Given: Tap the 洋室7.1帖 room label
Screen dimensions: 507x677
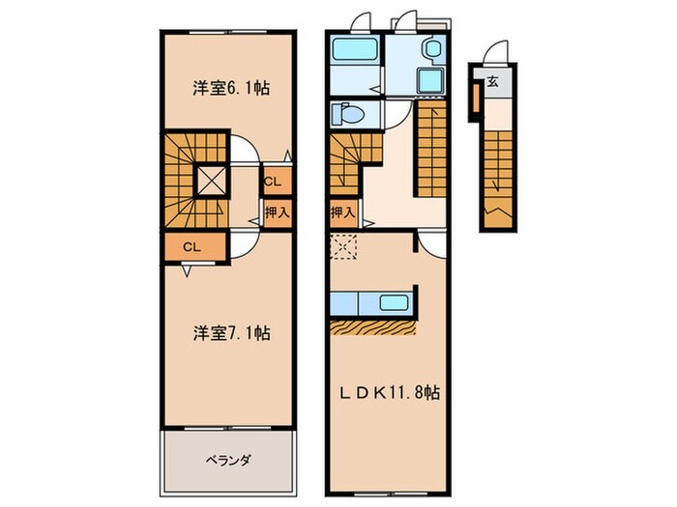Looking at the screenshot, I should click(229, 333).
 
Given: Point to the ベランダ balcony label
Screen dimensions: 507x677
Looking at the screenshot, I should click(228, 461).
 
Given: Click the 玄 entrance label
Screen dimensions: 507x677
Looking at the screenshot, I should click(492, 82).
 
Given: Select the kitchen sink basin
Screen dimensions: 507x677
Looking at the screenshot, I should click(394, 303).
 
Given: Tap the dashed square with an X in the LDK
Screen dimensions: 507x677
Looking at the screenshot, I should click(342, 247).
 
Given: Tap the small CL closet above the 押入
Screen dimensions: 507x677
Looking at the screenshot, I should click(274, 180).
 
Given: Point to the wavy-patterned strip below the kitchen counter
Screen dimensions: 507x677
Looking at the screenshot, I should click(372, 328).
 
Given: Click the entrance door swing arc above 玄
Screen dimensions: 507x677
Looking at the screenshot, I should click(496, 54).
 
